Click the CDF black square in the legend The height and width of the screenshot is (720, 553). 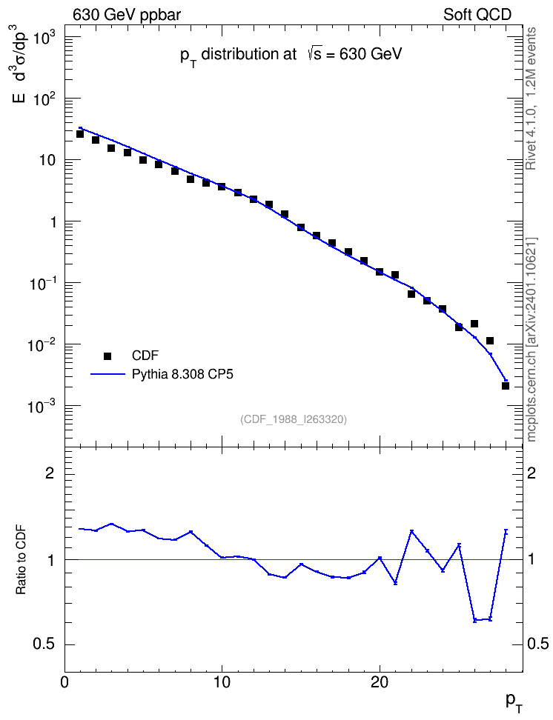tap(107, 356)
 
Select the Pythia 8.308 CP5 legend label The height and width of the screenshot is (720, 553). tap(182, 374)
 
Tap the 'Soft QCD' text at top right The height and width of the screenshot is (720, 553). tap(477, 15)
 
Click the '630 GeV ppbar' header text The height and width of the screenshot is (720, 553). tap(127, 15)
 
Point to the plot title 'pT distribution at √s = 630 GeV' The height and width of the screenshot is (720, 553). tap(291, 55)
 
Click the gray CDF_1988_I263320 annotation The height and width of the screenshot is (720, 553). tap(294, 419)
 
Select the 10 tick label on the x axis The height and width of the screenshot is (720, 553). tap(222, 681)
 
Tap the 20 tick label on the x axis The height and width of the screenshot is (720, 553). tap(380, 681)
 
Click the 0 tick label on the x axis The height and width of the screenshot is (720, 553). tap(64, 681)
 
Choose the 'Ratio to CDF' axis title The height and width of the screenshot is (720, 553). tap(21, 560)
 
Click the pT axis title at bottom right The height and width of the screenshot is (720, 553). tap(514, 702)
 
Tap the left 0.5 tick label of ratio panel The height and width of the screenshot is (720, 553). tap(43, 644)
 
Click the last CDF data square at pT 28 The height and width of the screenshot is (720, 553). tap(506, 386)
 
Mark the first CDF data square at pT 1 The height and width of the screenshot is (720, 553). tap(80, 134)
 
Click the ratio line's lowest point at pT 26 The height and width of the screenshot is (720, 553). tap(474, 620)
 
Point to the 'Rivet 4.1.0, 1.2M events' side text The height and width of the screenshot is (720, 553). tap(532, 99)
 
